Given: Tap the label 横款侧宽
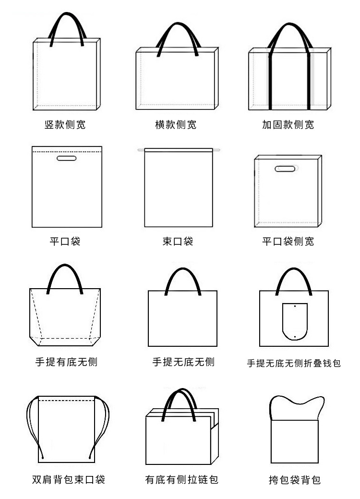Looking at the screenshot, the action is tap(176, 125).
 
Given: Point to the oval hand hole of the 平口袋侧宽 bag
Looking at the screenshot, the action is tap(286, 168).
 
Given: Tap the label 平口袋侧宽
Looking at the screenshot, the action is tap(288, 242).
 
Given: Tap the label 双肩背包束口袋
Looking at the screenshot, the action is tap(68, 479).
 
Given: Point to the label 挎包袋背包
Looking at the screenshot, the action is tap(294, 479).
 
